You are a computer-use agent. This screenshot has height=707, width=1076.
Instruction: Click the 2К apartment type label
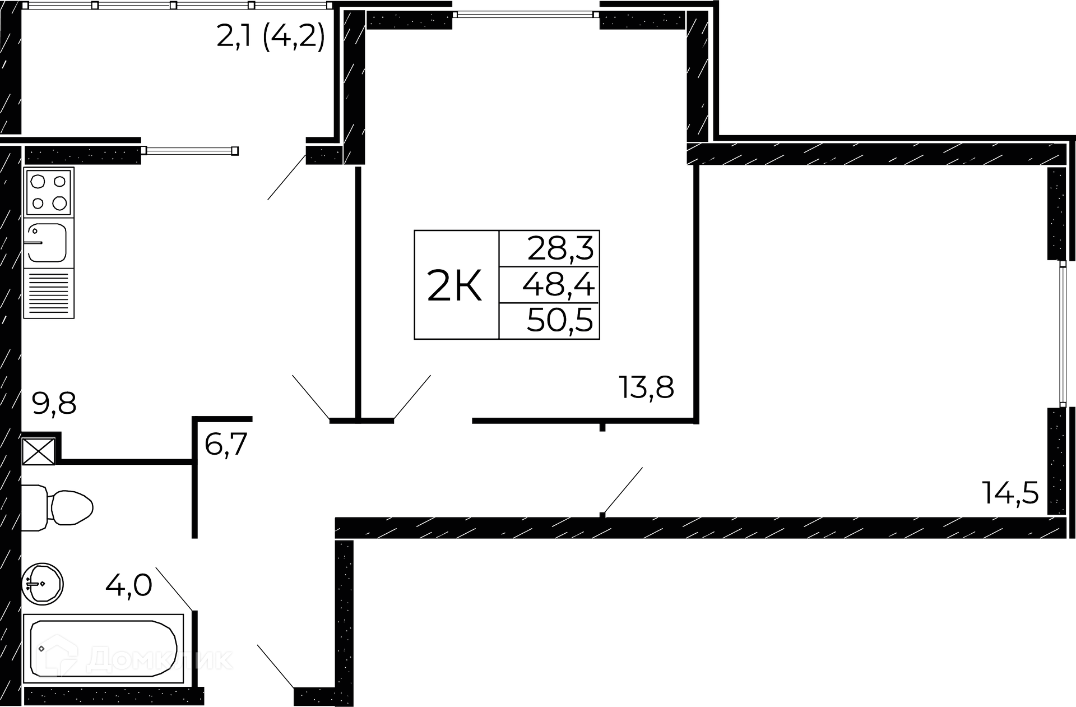coord(454,285)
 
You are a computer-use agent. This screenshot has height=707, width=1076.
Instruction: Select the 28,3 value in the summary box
coord(560,248)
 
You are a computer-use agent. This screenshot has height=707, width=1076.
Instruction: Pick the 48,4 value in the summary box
coord(558,285)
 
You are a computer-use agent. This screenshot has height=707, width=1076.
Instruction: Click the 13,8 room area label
coord(646,387)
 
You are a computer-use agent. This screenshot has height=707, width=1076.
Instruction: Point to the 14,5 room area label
coord(1010,493)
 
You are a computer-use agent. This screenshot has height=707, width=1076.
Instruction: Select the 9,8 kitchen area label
coord(54,403)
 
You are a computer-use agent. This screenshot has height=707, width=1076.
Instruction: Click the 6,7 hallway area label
coord(226,445)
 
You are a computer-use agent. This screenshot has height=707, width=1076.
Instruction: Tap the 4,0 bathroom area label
coord(129,586)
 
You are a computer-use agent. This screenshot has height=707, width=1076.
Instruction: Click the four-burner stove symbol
coord(49,191)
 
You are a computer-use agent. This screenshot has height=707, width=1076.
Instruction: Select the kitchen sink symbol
coord(47,243)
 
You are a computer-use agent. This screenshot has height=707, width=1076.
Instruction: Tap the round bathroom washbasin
coord(43,584)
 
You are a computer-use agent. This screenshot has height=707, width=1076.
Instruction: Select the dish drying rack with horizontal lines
coord(49,294)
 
